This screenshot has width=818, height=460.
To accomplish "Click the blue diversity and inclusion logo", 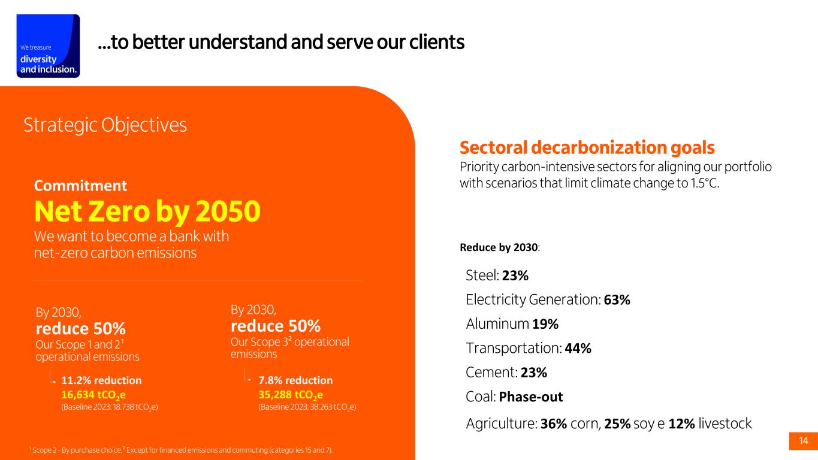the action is tap(48, 46).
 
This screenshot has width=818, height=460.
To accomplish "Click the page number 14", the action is tap(804, 441).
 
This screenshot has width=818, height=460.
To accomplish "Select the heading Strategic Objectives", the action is tap(105, 125).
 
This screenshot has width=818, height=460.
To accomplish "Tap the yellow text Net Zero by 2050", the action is tap(147, 211).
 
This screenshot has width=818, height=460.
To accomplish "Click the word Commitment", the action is tap(80, 186).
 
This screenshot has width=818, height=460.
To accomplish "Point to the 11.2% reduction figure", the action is tap(101, 380).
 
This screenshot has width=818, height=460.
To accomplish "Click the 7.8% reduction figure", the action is tap(295, 380).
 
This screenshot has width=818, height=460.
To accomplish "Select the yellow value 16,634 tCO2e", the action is tap(93, 395).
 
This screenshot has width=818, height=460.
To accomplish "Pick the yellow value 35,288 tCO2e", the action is tap(291, 395).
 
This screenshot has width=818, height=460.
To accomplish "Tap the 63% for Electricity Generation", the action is tap(617, 299).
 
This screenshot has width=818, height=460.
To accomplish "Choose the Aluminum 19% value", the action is tap(545, 324).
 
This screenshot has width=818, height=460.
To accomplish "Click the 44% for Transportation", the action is tap(578, 348).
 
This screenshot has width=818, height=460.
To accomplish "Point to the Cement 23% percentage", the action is tap(534, 373).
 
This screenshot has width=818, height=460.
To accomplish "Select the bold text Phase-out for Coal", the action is tap(530, 397).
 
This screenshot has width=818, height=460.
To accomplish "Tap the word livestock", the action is tap(725, 423).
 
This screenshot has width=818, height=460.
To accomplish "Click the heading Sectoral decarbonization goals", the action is tap(587, 147).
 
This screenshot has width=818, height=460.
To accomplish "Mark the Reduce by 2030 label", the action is tap(499, 247).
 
